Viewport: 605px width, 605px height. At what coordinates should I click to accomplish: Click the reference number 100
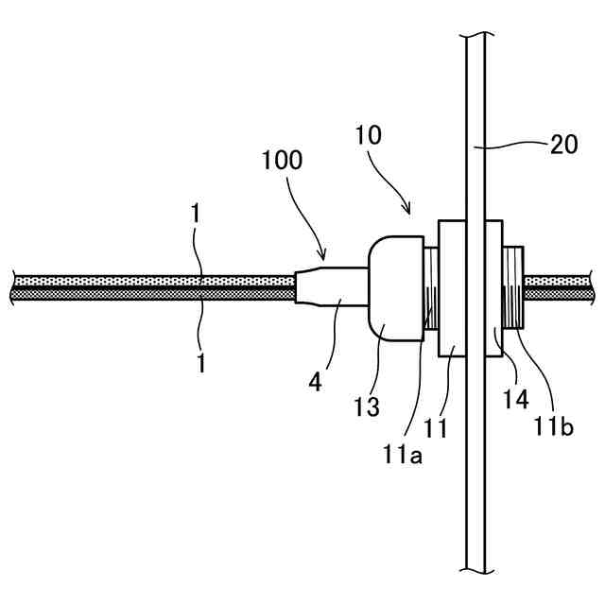tap(283, 160)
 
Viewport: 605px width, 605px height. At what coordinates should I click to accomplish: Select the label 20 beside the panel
tap(563, 145)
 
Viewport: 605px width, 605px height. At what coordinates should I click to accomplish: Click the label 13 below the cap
tap(367, 407)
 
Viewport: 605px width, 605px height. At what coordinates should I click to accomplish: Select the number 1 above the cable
tap(195, 215)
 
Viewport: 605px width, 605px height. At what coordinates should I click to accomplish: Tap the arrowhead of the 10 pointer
tap(408, 212)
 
